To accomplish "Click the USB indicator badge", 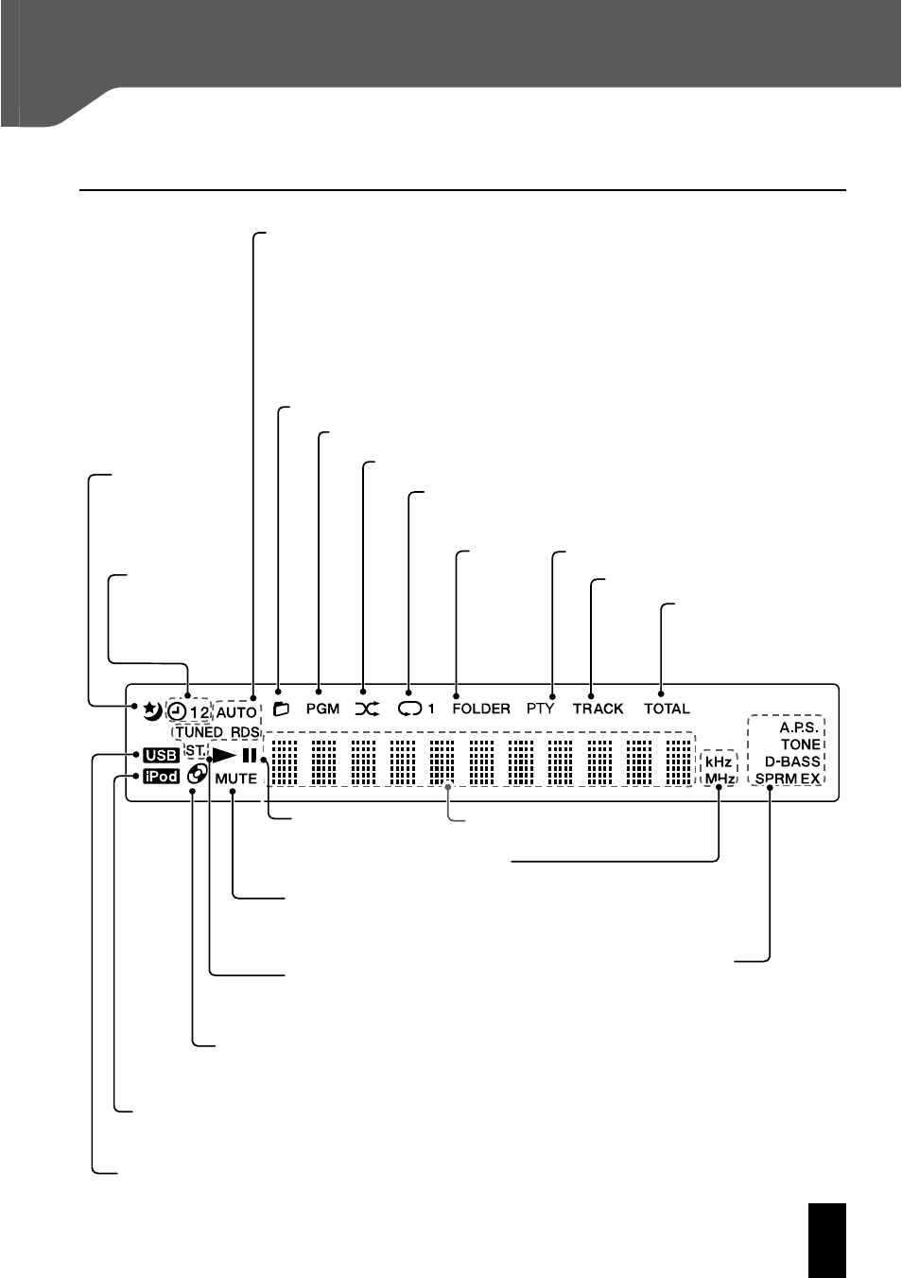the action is tap(162, 755).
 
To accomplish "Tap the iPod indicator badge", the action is tap(162, 776).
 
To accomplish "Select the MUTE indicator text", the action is tap(236, 779).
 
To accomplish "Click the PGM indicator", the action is tap(322, 709).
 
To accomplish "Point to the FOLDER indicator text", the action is tap(481, 709).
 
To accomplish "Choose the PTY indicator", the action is tap(541, 709).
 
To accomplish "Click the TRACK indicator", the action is tap(598, 709).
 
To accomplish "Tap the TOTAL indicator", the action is tap(668, 709).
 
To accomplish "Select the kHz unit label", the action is tap(719, 762).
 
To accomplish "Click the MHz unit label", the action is tap(720, 779).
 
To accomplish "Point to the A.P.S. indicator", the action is tap(799, 727).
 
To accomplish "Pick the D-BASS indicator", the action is tap(792, 762).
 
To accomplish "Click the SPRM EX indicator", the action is tap(788, 779).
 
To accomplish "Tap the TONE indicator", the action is tap(801, 744).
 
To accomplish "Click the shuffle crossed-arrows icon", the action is tap(367, 709).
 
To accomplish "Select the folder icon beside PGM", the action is tap(281, 709).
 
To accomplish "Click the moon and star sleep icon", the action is tap(151, 710).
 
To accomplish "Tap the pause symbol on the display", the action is tap(250, 756).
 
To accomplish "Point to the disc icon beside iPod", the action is tap(197, 774).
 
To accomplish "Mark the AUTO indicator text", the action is tap(236, 712).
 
